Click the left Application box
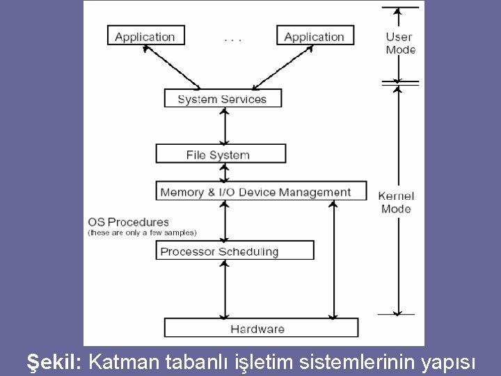(145, 36)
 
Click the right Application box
(315, 36)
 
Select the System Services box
(223, 99)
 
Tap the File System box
(221, 154)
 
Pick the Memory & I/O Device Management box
(261, 191)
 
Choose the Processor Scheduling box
(234, 251)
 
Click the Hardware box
(260, 328)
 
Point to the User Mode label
(400, 43)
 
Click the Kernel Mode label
(396, 202)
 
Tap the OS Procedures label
(129, 222)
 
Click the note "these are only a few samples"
(142, 233)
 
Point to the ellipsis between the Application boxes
(232, 39)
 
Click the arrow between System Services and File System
(223, 126)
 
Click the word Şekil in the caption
(55, 362)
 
